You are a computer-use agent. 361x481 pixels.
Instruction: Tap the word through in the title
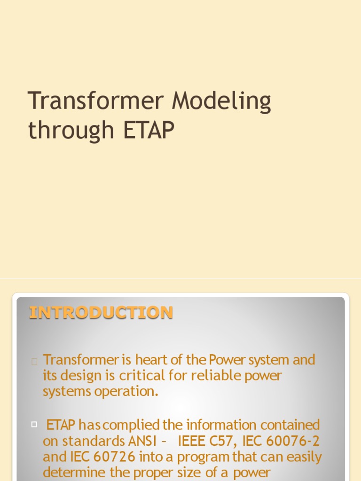(71, 131)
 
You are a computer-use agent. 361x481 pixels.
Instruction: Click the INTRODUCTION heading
(101, 312)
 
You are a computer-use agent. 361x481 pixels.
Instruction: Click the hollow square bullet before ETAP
(34, 424)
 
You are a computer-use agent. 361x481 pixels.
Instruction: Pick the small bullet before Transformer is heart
(34, 361)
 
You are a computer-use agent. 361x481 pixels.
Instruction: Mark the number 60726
(114, 457)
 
